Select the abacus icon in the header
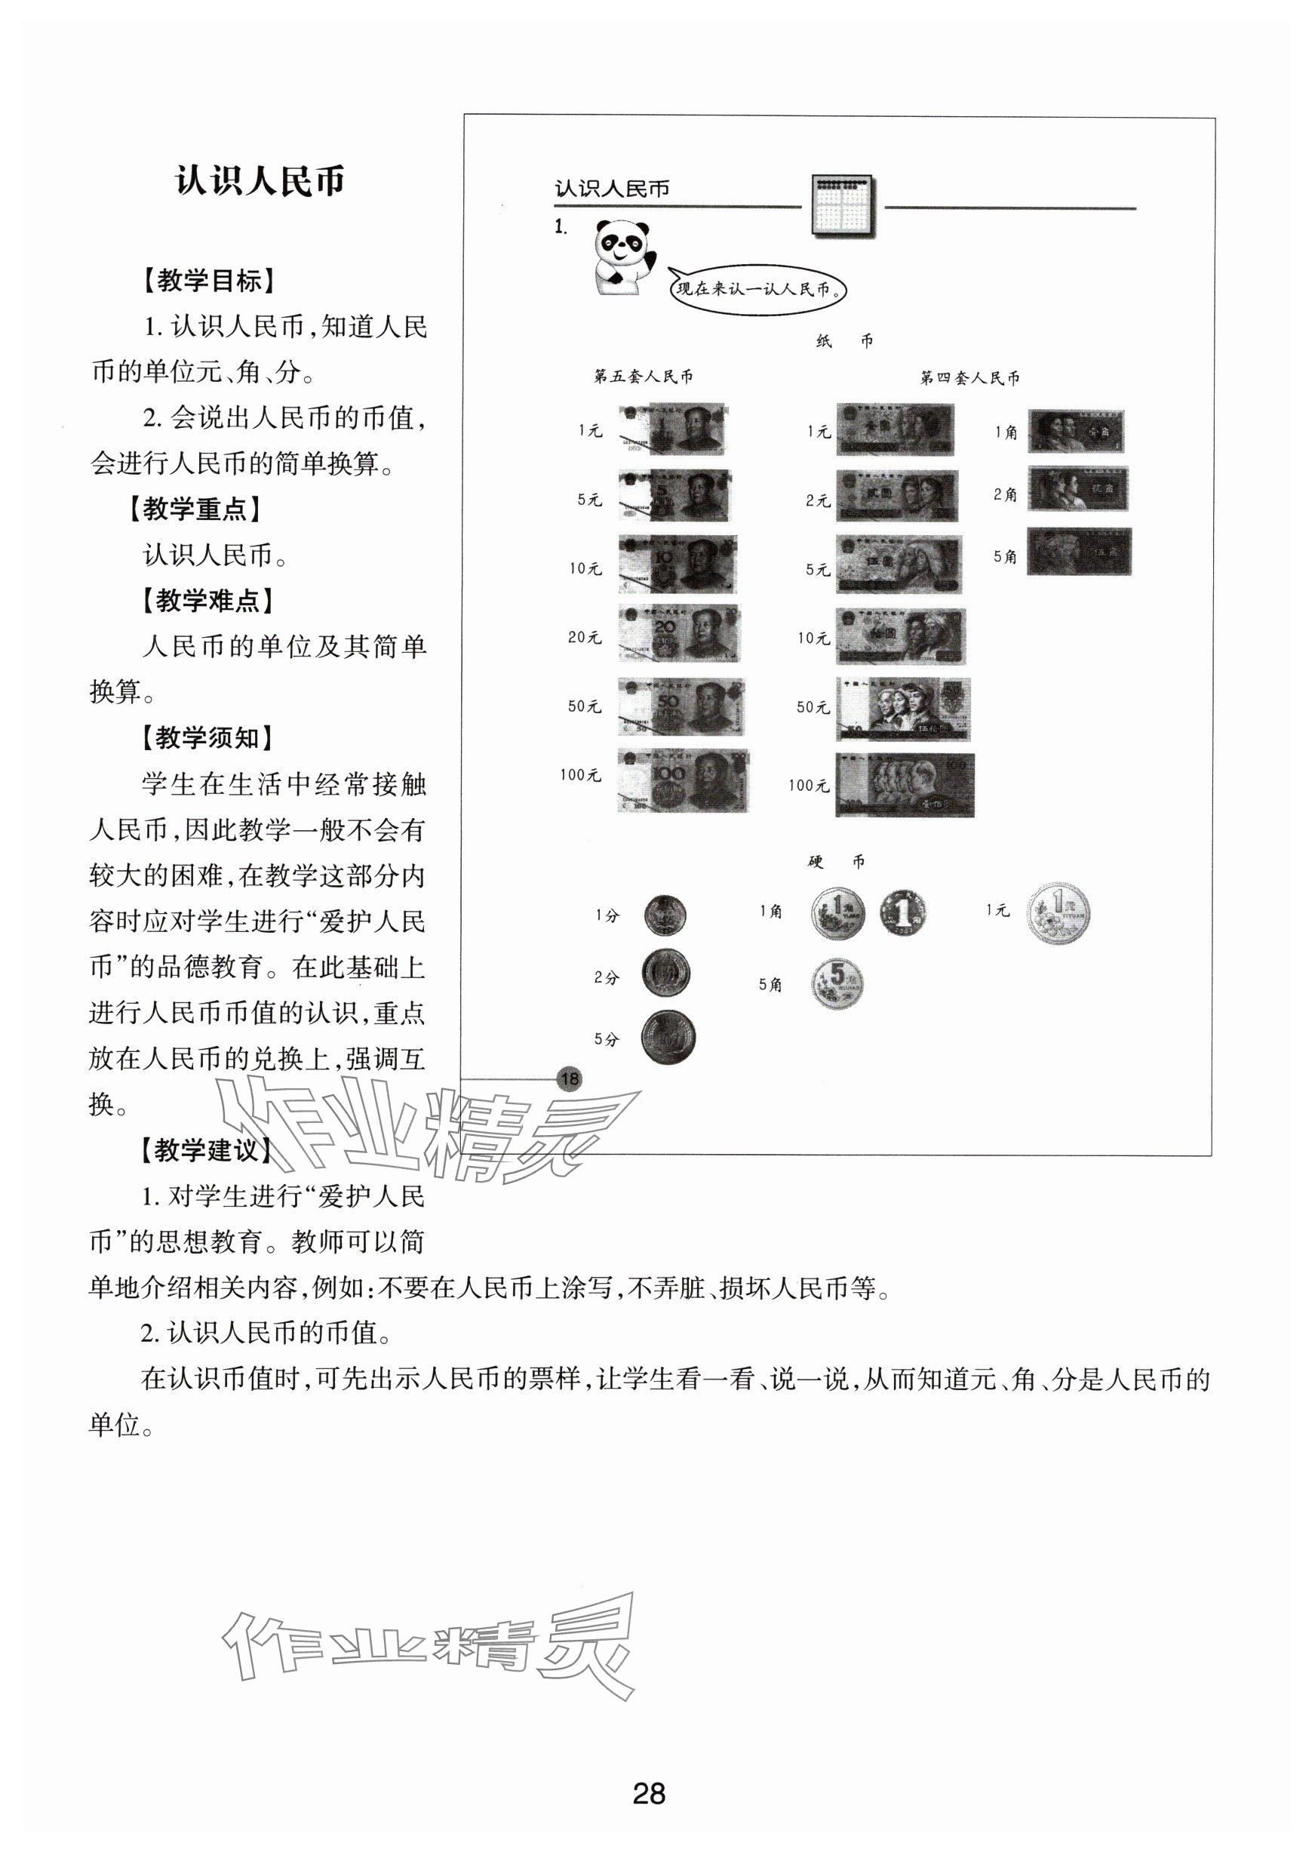pos(841,206)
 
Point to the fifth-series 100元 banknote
pos(684,780)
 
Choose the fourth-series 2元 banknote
pos(896,495)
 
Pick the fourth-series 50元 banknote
pos(902,709)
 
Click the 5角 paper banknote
pos(1079,552)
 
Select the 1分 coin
pos(665,915)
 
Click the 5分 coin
pos(667,1038)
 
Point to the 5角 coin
pos(837,983)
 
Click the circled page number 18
pos(570,1078)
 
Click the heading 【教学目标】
pos(208,281)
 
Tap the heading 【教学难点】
pos(207,601)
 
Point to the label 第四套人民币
pos(969,377)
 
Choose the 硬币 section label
pos(837,861)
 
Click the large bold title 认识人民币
pos(260,181)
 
